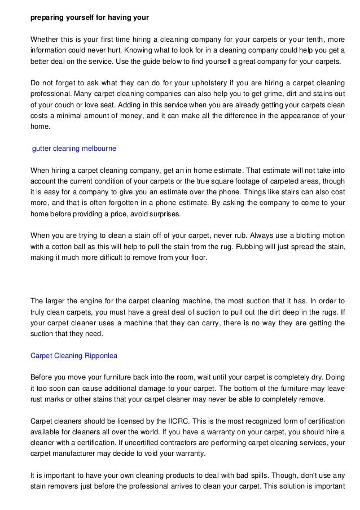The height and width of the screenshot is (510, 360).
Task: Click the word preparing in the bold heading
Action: click(x=46, y=18)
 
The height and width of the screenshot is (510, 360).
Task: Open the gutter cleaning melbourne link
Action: click(x=74, y=149)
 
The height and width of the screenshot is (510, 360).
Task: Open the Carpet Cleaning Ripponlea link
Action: click(x=74, y=355)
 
